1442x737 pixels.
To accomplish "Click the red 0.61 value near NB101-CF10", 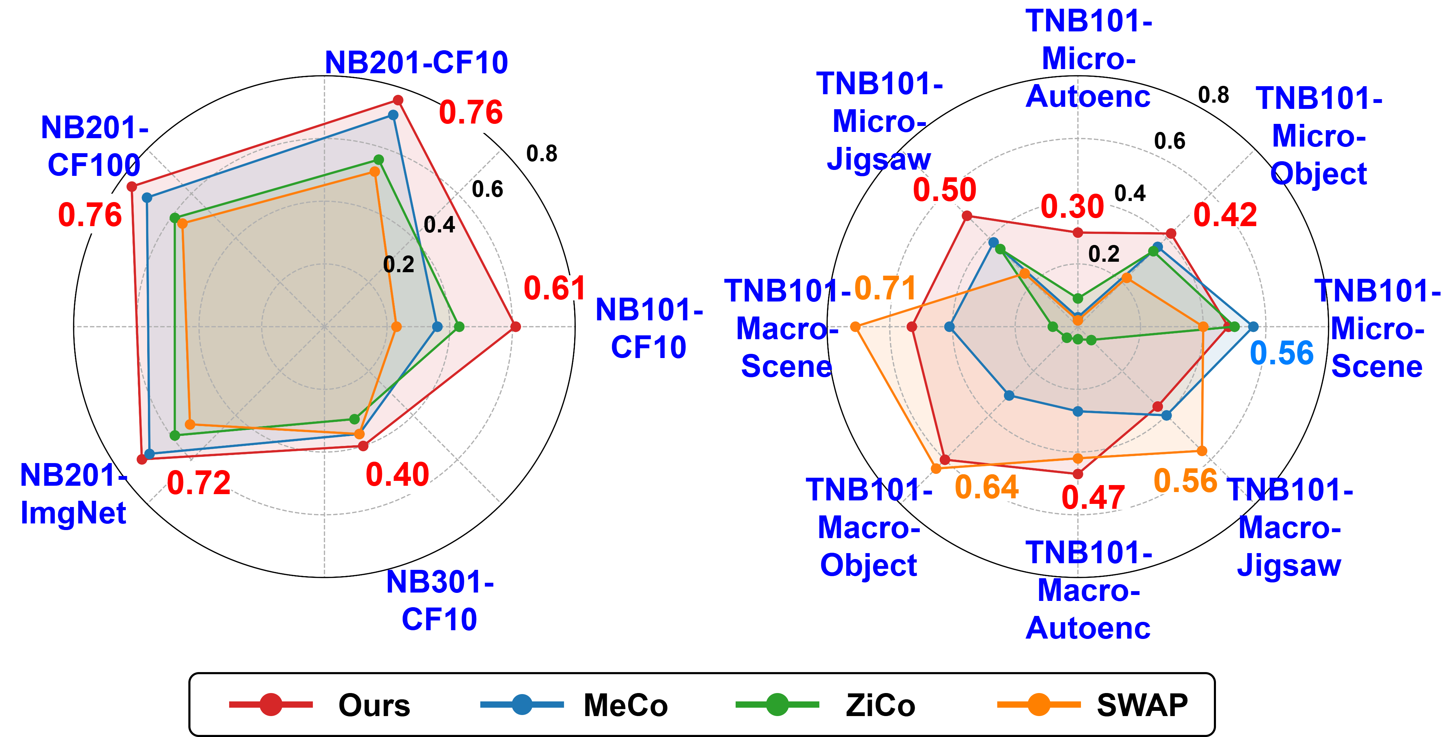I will (554, 289).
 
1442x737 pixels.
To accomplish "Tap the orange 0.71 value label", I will (885, 289).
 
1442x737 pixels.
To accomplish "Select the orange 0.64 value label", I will (986, 487).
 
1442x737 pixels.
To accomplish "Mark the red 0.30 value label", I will (1072, 207).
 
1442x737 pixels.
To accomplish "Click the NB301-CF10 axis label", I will (440, 600).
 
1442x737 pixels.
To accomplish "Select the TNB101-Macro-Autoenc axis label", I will (1088, 590).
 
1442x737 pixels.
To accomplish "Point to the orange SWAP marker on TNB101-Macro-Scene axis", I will (855, 327).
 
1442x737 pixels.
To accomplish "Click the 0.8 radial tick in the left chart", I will (541, 154).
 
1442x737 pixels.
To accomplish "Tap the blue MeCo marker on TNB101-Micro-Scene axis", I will (1253, 327).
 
